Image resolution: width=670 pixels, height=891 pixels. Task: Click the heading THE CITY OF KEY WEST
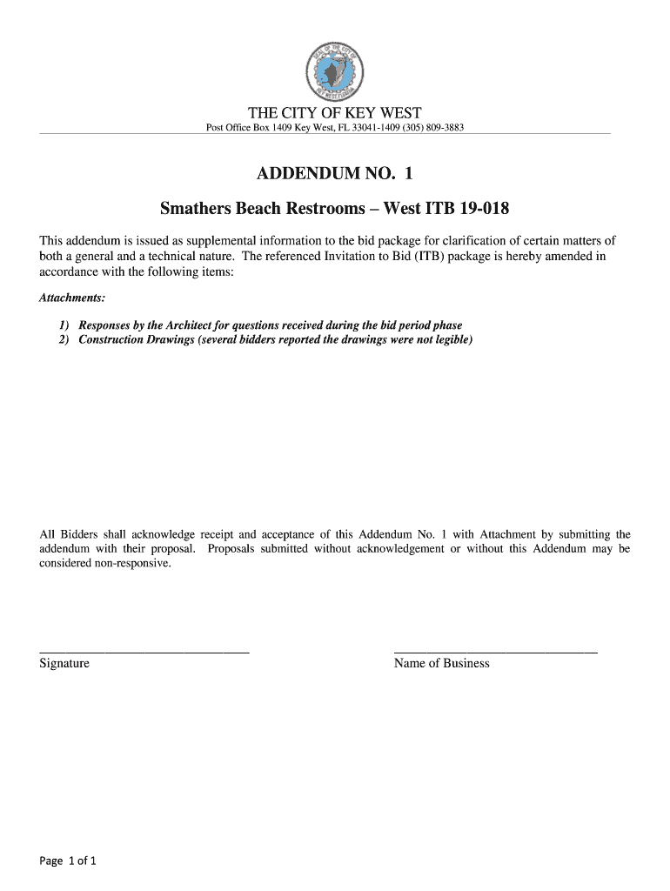[335, 113]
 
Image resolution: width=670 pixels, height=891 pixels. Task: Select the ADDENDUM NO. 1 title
[335, 175]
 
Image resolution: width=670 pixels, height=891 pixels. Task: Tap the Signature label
[64, 664]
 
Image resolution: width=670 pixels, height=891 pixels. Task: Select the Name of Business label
[441, 664]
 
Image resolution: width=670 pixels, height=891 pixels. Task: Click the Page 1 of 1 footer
[68, 861]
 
